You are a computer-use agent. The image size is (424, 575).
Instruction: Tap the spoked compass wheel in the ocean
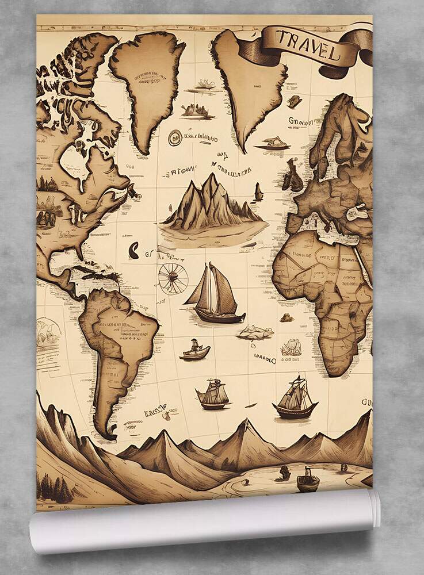(x=173, y=278)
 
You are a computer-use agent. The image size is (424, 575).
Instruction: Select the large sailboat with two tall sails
(x=214, y=295)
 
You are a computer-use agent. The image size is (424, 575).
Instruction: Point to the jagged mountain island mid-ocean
(x=210, y=204)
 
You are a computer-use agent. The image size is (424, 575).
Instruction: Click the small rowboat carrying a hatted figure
(x=195, y=350)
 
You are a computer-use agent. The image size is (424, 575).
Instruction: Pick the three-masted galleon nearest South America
(x=213, y=394)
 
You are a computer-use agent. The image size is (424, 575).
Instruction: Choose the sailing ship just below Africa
(x=295, y=397)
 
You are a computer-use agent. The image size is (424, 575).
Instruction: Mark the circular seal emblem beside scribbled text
(x=175, y=137)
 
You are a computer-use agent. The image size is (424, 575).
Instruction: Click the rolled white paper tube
(x=204, y=520)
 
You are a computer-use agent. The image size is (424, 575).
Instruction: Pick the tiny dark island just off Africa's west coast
(x=286, y=317)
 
